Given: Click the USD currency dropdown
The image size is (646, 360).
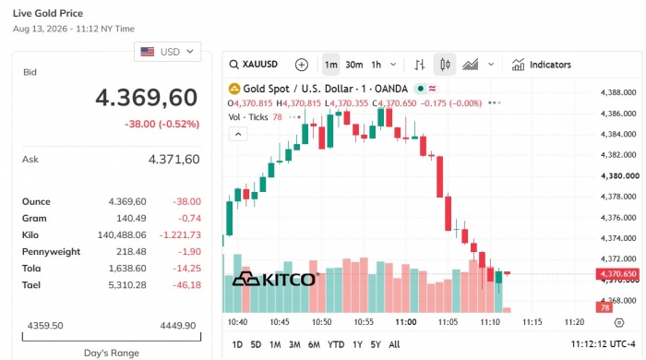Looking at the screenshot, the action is click(x=168, y=52).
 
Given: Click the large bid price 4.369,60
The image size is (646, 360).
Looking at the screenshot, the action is click(x=147, y=98).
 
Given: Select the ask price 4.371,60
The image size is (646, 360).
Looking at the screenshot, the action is click(x=173, y=159).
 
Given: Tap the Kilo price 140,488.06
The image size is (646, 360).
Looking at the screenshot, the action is click(x=122, y=234).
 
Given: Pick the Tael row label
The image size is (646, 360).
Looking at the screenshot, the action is click(x=31, y=284).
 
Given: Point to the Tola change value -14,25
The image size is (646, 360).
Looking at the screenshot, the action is click(x=186, y=268).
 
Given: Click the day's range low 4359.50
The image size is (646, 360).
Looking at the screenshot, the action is click(x=45, y=326).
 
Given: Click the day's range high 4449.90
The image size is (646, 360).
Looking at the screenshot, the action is click(x=178, y=326).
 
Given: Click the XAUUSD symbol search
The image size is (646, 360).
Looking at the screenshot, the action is click(x=254, y=65).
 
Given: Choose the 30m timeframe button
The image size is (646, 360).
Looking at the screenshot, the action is click(x=353, y=65).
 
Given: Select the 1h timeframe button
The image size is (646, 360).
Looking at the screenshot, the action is click(x=377, y=65).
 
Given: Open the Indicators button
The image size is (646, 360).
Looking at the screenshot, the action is click(x=542, y=65).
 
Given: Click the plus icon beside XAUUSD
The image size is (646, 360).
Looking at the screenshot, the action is click(x=302, y=65).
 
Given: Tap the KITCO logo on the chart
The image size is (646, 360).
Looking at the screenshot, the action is click(x=275, y=280).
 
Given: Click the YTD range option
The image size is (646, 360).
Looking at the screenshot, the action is click(x=336, y=344).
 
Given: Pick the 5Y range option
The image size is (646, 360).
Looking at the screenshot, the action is click(x=376, y=344).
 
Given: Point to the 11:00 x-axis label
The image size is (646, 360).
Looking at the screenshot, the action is click(x=406, y=322).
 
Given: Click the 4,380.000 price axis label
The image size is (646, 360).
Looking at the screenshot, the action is click(x=620, y=176).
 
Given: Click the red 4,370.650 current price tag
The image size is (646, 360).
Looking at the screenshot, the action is click(x=617, y=274).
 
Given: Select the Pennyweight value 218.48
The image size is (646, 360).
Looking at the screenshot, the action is click(x=131, y=252).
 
